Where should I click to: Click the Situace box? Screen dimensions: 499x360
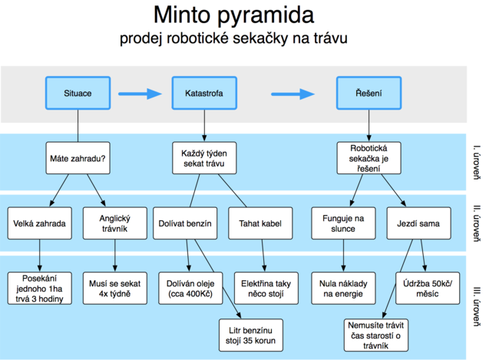coord(78,93)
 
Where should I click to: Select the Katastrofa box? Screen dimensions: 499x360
coord(204,93)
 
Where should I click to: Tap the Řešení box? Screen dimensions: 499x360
coord(368,93)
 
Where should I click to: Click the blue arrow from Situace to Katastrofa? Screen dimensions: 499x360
coord(140,94)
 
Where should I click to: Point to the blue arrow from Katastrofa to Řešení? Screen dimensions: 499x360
coord(292,94)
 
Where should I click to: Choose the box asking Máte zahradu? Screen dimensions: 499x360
coord(78,158)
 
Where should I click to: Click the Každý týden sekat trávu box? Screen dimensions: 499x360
coord(204,158)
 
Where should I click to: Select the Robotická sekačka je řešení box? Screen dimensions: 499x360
coord(368,158)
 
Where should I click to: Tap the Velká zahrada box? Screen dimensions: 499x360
coord(40,223)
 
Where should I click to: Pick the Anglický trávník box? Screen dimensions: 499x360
coord(115,223)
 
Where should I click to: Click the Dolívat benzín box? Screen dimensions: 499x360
coord(185,223)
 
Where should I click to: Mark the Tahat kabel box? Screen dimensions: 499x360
coord(260,223)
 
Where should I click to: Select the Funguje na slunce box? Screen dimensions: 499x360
coord(343,223)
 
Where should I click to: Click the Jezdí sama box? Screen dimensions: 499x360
coord(419,223)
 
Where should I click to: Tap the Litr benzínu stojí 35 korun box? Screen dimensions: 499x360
coord(251,335)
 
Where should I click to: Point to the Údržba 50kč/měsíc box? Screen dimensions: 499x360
coord(428,288)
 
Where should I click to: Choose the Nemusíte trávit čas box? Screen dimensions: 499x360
coord(376,335)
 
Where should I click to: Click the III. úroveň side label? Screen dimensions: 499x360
coord(477,306)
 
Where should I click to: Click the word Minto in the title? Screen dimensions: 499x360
coord(182,15)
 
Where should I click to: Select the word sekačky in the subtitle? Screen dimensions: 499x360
coord(260,38)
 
